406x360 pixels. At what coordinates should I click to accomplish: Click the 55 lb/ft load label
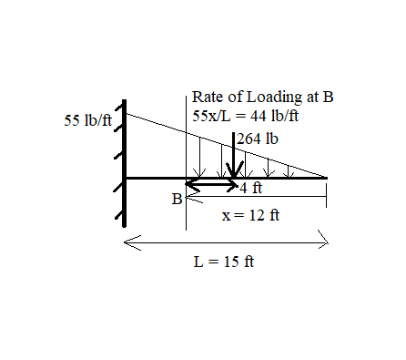click(88, 120)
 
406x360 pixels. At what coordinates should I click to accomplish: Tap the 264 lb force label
click(257, 139)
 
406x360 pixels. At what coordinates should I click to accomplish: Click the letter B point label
click(178, 199)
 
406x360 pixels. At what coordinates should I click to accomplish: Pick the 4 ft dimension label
click(251, 189)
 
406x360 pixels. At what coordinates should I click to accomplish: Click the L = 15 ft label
click(224, 261)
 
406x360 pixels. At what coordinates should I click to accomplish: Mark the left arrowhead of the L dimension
click(127, 241)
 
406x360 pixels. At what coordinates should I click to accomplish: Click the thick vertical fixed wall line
click(124, 164)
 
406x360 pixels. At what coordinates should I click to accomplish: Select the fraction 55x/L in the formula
click(212, 116)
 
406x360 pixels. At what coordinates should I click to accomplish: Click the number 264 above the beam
click(249, 139)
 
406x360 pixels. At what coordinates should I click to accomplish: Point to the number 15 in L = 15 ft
click(228, 261)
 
